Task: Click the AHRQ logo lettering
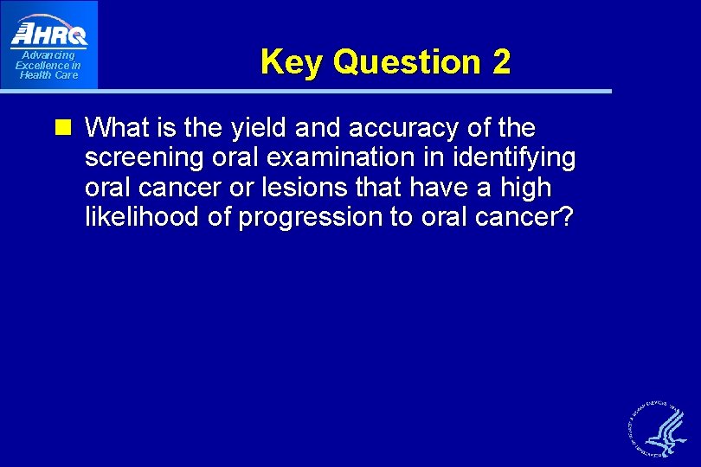click(49, 34)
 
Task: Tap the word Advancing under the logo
click(48, 55)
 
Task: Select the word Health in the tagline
click(37, 75)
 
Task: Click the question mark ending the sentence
click(565, 217)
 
